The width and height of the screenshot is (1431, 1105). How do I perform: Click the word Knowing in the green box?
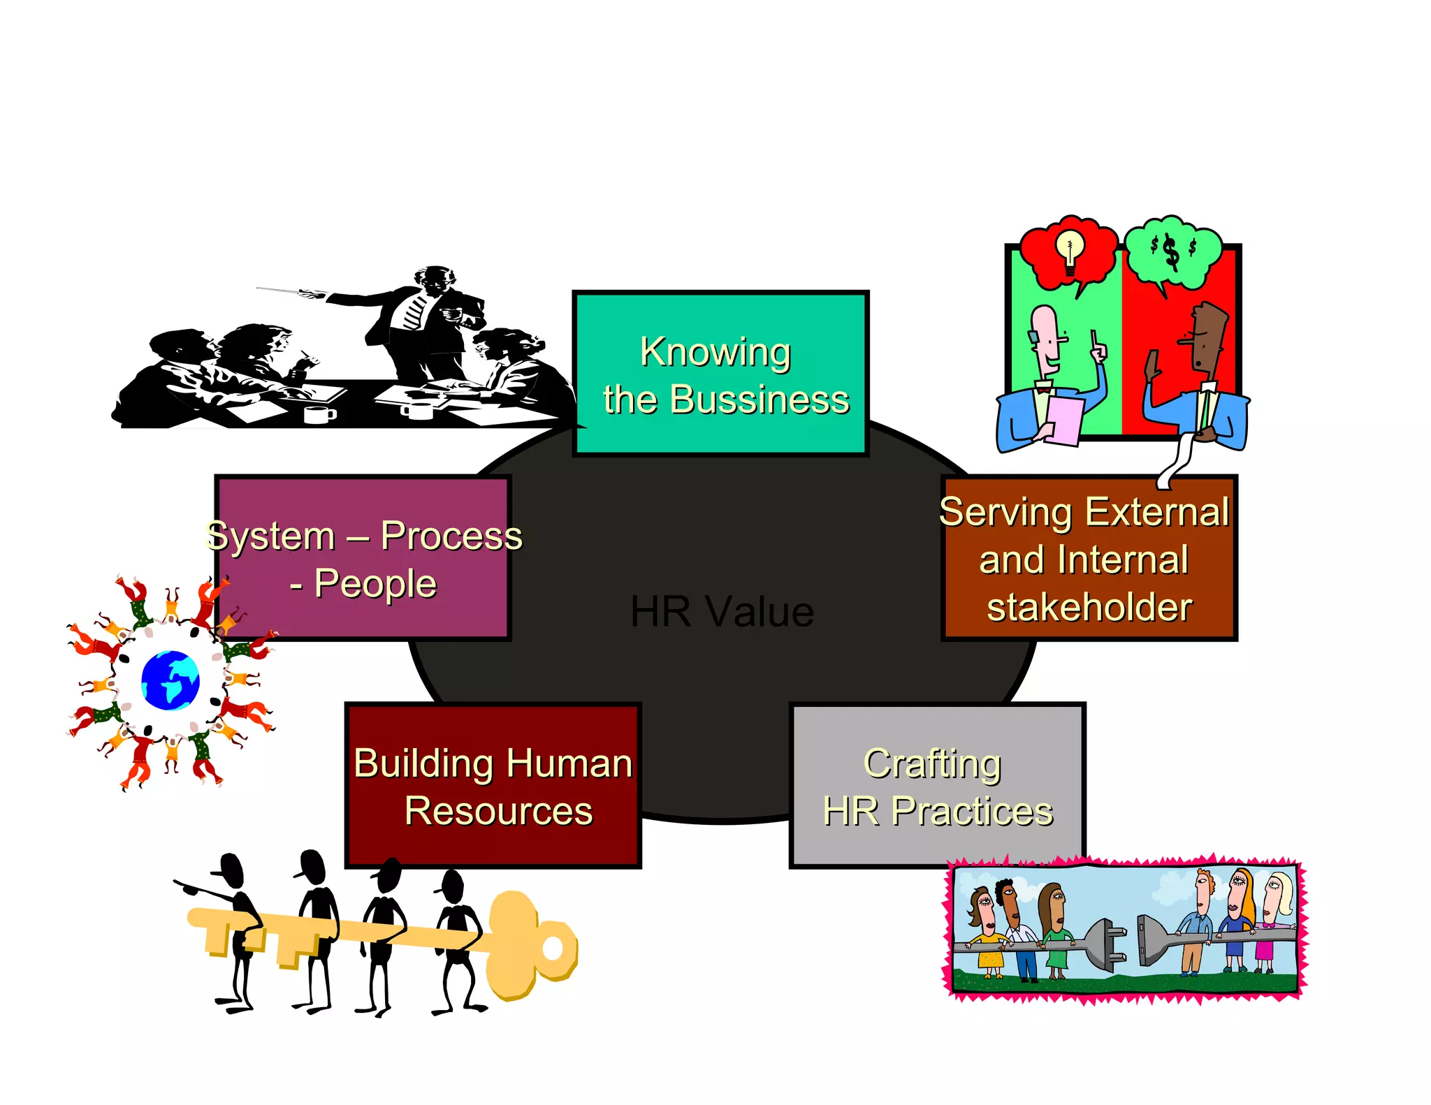[x=715, y=353]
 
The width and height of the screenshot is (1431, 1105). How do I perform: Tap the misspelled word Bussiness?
[x=760, y=400]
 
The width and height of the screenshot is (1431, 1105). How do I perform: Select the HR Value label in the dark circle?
[x=722, y=611]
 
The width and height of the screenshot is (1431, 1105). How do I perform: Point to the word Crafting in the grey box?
[x=932, y=764]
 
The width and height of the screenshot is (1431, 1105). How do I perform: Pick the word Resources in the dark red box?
[x=498, y=811]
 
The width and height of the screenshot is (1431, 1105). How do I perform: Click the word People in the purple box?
[x=375, y=584]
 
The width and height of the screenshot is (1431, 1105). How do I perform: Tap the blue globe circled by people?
[x=170, y=680]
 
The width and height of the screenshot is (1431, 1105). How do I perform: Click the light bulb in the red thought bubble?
[x=1069, y=252]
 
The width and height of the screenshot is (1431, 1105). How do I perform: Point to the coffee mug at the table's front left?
[x=319, y=414]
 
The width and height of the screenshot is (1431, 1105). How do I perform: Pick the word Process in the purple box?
[x=451, y=536]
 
